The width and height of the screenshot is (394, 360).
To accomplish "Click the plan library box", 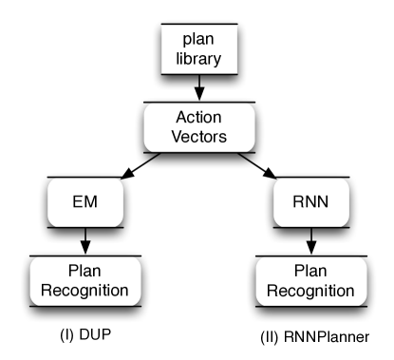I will (x=198, y=47).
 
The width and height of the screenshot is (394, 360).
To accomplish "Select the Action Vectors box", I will (x=198, y=125).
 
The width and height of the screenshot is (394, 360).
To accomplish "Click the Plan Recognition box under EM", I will (x=86, y=278).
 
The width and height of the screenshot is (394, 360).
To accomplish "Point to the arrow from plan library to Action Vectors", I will (x=198, y=89).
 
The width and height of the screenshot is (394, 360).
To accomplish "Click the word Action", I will (x=198, y=117).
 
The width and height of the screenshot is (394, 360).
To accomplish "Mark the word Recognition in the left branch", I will (x=86, y=288).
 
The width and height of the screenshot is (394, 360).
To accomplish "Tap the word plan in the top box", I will (x=198, y=38).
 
